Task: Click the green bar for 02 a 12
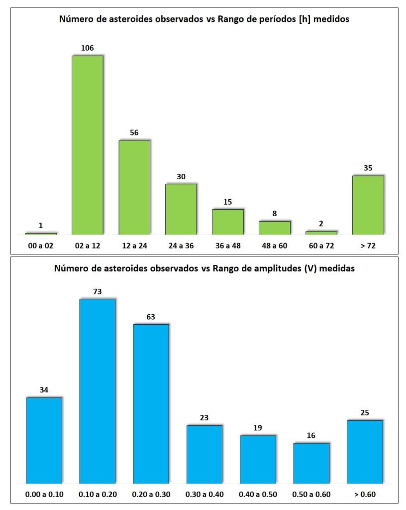88,145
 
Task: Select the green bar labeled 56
134,187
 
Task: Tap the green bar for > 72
368,205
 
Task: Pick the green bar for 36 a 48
228,222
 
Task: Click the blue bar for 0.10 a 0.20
98,391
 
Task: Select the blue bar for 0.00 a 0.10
44,440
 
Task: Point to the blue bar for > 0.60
365,452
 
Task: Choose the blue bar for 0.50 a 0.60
311,463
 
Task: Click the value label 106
88,48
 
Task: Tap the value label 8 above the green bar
275,214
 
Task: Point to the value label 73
98,292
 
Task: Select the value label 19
258,428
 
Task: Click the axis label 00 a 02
41,246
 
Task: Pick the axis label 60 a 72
321,246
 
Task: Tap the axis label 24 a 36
181,246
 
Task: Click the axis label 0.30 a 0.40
204,495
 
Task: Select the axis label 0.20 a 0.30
151,495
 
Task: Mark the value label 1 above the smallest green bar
41,226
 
